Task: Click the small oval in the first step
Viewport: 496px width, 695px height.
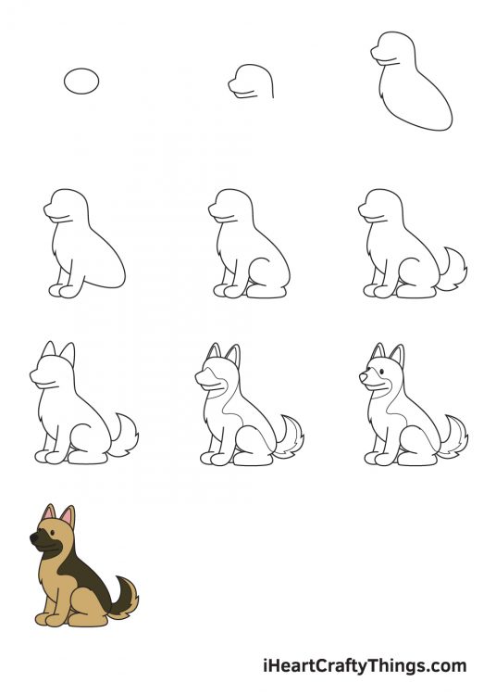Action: [81, 81]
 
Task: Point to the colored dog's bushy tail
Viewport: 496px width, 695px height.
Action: [124, 594]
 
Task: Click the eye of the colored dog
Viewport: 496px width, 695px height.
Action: [48, 531]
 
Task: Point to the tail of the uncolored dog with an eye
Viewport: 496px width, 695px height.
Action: [453, 436]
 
